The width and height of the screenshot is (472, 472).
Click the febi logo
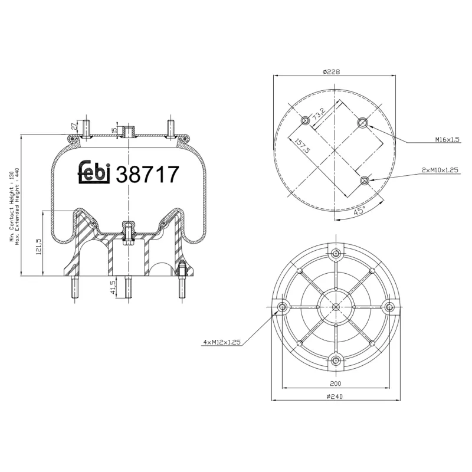[x=95, y=172]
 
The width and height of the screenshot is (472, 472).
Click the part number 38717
[x=147, y=174]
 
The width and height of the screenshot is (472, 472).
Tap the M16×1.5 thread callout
[x=447, y=140]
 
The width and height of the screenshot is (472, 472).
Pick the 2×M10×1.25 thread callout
[x=440, y=169]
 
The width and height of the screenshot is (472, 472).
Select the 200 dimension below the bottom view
[x=335, y=383]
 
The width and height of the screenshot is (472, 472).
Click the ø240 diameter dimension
[x=335, y=396]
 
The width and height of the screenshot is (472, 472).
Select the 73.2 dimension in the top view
[x=319, y=113]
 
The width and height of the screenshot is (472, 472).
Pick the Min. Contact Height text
[x=11, y=206]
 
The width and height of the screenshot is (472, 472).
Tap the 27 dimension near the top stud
[x=73, y=126]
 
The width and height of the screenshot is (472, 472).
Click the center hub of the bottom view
[x=335, y=307]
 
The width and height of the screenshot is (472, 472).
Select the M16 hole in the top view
[x=362, y=122]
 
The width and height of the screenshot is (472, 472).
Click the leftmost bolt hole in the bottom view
[x=281, y=307]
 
